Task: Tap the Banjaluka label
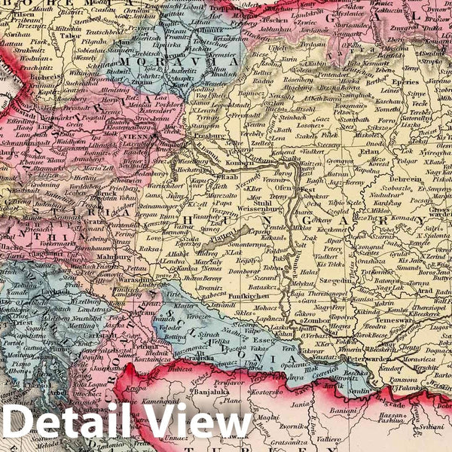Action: pos(188,391)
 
